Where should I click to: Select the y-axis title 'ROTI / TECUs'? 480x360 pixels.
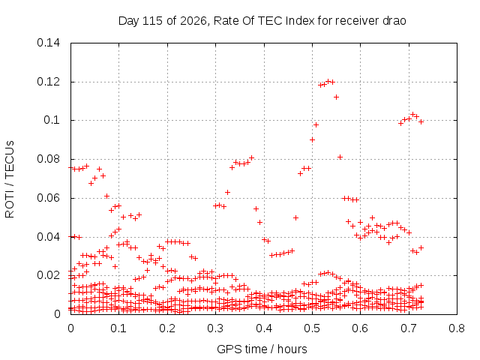(10, 179)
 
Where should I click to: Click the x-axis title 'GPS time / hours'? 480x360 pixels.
(262, 349)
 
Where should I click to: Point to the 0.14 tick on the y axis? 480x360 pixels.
(48, 43)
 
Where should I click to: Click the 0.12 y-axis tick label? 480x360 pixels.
(48, 82)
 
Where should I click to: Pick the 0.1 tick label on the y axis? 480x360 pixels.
(52, 120)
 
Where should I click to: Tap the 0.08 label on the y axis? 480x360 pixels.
(48, 159)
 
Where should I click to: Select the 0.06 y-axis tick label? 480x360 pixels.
(48, 198)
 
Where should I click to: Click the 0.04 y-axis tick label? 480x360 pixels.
(48, 237)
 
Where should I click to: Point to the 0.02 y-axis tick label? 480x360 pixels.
(48, 275)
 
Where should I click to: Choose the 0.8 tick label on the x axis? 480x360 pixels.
(457, 328)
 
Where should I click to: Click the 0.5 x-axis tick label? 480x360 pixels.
(312, 328)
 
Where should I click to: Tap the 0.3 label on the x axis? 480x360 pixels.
(215, 328)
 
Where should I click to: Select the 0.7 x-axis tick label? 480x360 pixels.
(409, 328)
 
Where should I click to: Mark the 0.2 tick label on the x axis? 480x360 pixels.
(167, 328)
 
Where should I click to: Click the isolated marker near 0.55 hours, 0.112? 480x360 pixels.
(336, 97)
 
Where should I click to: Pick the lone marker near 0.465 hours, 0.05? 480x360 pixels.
(295, 217)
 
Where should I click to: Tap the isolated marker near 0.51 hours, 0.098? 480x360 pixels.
(316, 124)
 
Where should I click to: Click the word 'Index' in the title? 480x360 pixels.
(300, 21)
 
